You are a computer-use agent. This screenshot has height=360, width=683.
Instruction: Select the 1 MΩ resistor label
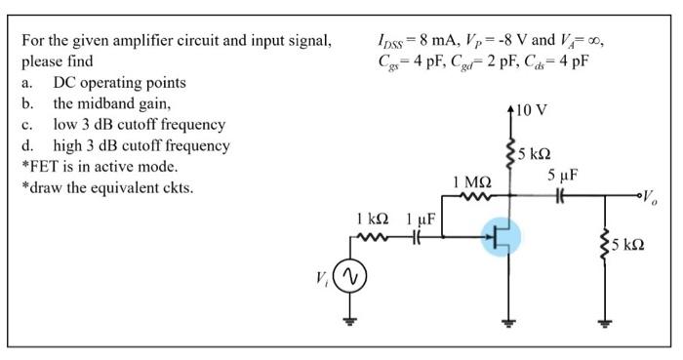(x=471, y=182)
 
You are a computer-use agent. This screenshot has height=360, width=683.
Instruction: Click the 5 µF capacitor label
(x=563, y=176)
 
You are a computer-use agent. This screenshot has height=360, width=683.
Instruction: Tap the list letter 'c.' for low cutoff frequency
(x=29, y=125)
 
